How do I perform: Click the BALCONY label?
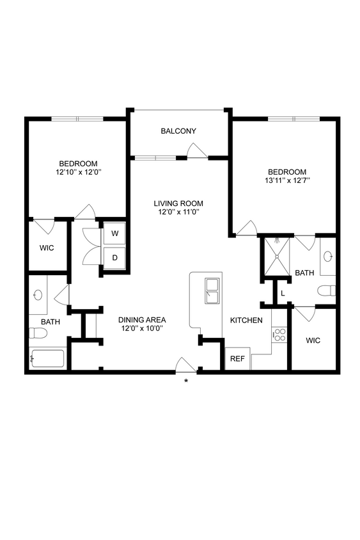pos(178,131)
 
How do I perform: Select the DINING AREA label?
pos(142,320)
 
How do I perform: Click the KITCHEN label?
pos(246,320)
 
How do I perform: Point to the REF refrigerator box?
pos(237,359)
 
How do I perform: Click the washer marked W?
pos(115,234)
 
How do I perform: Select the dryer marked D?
pos(115,258)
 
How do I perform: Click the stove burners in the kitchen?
pos(279,334)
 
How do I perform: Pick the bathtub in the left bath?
pos(47,358)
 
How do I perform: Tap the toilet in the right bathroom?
pos(328,290)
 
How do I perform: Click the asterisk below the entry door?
pos(186,382)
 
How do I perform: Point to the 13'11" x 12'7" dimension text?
pos(287,180)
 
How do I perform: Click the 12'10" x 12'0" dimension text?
pos(79,172)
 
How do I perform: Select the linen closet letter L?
pos(282,293)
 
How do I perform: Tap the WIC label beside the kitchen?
pos(313,340)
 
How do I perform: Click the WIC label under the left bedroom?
pos(47,247)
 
